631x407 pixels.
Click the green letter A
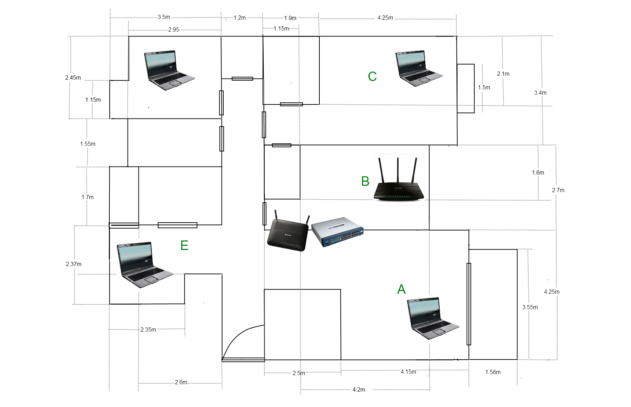click(401, 289)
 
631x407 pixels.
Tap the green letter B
click(365, 181)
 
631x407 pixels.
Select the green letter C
click(372, 76)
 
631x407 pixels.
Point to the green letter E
click(184, 245)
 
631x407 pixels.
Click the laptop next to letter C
click(418, 69)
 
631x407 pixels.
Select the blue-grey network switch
click(337, 232)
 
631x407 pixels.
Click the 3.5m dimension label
click(164, 17)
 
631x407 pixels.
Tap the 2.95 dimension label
click(174, 29)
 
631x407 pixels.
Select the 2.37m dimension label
click(74, 264)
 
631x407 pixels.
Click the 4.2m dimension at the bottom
click(359, 389)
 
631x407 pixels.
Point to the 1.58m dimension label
click(493, 372)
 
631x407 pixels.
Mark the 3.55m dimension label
click(530, 307)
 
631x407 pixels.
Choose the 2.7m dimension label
click(558, 190)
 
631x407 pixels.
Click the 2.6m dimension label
click(181, 382)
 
